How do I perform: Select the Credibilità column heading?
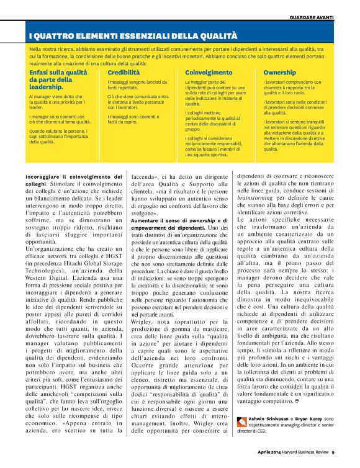(124, 73)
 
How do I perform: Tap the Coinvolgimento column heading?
(210, 73)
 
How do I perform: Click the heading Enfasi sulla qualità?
(58, 73)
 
